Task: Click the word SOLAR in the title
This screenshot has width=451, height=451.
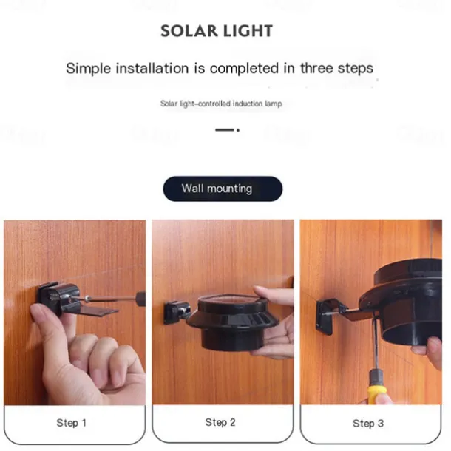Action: (189, 31)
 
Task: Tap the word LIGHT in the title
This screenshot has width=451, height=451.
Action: (248, 31)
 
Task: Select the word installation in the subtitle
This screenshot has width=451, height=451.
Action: (152, 69)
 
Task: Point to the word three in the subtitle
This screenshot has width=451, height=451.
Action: (316, 69)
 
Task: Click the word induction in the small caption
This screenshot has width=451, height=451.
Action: (248, 104)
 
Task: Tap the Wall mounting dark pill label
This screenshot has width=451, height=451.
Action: (223, 189)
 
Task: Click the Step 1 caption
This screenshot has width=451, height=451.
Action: (71, 423)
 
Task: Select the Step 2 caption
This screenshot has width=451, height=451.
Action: (220, 422)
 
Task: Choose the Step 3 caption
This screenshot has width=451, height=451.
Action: (368, 424)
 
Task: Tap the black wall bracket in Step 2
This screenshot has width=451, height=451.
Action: (176, 312)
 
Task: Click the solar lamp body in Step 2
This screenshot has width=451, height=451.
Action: (232, 322)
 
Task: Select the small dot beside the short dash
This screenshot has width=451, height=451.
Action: (238, 130)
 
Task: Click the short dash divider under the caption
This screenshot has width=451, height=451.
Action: (225, 130)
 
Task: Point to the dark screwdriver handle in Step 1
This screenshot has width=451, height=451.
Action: (140, 299)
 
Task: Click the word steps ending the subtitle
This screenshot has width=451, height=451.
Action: (356, 69)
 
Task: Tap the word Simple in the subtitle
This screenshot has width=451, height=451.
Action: (89, 69)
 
